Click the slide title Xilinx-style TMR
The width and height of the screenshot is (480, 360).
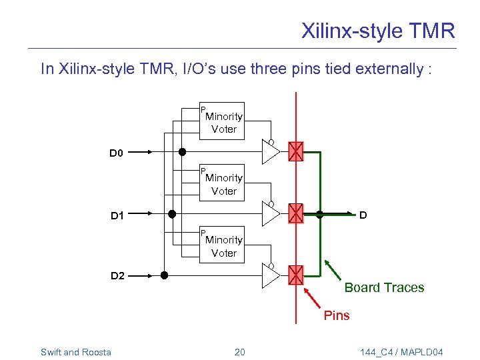pyautogui.click(x=377, y=31)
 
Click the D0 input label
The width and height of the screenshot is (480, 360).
pyautogui.click(x=117, y=153)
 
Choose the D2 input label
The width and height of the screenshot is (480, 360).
pyautogui.click(x=117, y=276)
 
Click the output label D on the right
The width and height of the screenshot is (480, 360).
pyautogui.click(x=363, y=215)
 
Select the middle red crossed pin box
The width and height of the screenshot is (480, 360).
pyautogui.click(x=295, y=214)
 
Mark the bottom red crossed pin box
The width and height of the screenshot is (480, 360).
pyautogui.click(x=295, y=275)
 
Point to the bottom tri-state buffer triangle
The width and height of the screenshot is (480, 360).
pyautogui.click(x=269, y=276)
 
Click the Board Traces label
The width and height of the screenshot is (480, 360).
pyautogui.click(x=384, y=288)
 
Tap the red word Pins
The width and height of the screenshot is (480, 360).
pyautogui.click(x=337, y=315)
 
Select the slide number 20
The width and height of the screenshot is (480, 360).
pyautogui.click(x=240, y=352)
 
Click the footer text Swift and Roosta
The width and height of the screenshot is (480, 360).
pyautogui.click(x=76, y=352)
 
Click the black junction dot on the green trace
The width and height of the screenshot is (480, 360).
pyautogui.click(x=319, y=215)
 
